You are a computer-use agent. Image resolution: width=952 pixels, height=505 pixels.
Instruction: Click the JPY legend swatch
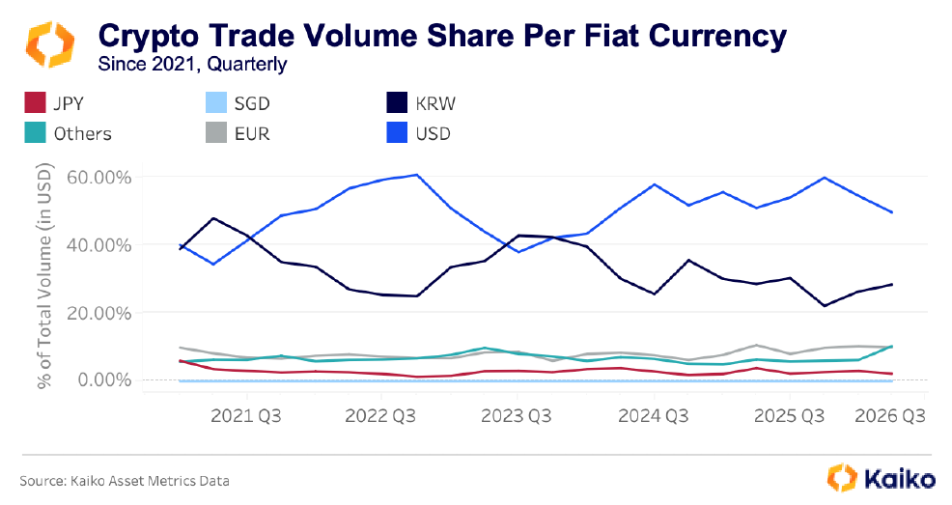point(35,101)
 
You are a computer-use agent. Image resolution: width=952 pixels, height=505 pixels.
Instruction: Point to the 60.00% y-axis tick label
point(98,178)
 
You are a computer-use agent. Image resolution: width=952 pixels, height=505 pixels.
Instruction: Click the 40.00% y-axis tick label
point(98,245)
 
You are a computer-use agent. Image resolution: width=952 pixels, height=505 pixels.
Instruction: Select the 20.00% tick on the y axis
point(98,313)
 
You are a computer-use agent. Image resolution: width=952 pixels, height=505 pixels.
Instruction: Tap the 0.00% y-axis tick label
point(102,379)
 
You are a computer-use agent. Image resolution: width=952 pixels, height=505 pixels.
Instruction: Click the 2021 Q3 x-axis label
point(247,417)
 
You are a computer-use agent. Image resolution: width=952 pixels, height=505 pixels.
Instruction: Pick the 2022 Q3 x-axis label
point(382,417)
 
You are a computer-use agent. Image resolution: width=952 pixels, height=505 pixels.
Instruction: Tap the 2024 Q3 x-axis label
point(655,417)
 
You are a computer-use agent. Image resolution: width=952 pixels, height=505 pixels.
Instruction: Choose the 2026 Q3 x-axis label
point(887,417)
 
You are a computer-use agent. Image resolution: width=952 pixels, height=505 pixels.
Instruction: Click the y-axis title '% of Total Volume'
point(45,276)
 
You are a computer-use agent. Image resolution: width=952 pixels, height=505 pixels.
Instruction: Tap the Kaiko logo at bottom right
point(882,477)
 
